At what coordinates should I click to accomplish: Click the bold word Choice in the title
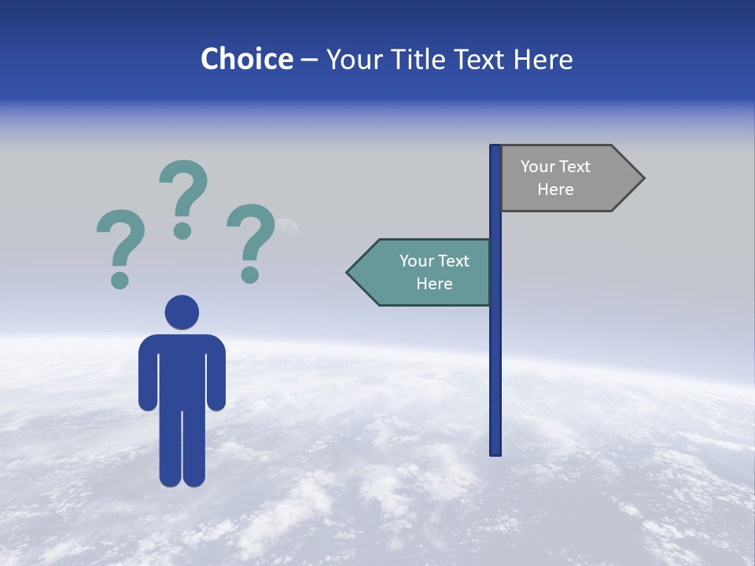(247, 60)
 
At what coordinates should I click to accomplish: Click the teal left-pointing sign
(425, 273)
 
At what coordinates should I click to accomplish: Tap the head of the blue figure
(182, 312)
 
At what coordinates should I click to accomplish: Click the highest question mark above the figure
(184, 189)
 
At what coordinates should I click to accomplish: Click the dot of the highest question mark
(182, 230)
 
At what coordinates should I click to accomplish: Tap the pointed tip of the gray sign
(643, 178)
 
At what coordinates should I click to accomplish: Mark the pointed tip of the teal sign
(348, 273)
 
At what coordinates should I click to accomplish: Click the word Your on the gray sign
(538, 167)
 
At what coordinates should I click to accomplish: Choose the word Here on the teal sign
(434, 284)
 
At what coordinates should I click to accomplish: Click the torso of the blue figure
(182, 369)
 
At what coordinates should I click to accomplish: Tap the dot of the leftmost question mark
(120, 280)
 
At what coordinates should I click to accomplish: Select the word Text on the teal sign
(453, 261)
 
